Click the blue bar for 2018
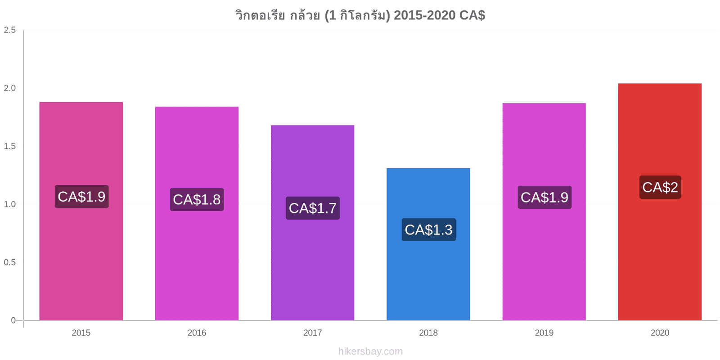point(428,244)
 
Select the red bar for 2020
point(660,202)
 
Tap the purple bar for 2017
point(312,223)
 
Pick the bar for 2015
point(81,211)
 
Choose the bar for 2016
point(197,213)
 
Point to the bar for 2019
point(544,212)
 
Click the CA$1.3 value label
point(428,230)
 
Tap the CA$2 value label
point(660,187)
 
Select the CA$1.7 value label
point(313,208)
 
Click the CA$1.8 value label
point(197,199)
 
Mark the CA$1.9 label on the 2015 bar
point(81,196)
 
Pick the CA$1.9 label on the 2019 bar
point(544,198)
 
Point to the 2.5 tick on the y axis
point(9,30)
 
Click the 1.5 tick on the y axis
point(9,146)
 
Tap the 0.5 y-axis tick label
point(9,262)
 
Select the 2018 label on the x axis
point(428,333)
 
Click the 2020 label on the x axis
point(660,333)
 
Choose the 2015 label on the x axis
point(81,333)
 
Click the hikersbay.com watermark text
point(370,351)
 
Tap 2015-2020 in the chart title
point(424,15)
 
